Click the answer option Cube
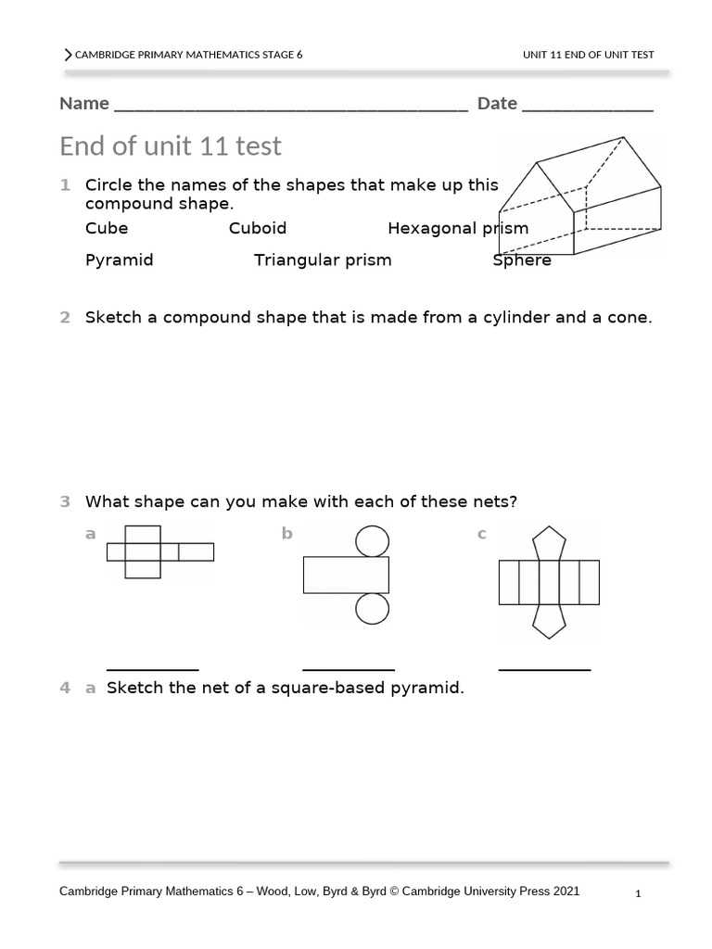coord(107,228)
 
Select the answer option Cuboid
coord(258,228)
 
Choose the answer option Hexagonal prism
coord(458,228)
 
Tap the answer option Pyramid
coord(119,259)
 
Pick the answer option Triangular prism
coord(323,259)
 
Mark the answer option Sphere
coord(522,259)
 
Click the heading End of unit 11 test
coord(171,146)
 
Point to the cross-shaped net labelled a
coord(159,552)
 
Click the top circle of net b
coord(373,540)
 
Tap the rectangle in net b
coord(346,575)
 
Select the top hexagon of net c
coord(549,542)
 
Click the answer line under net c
coord(544,668)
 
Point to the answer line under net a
coord(153,668)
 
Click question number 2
coord(65,318)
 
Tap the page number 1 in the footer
coord(639,894)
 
